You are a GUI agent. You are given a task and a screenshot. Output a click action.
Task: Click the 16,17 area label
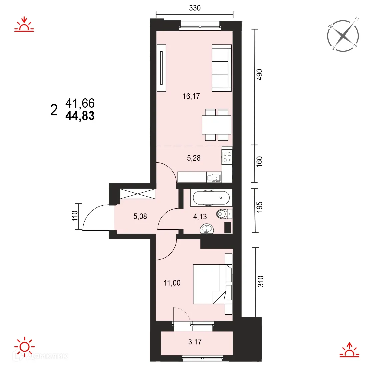click(x=191, y=96)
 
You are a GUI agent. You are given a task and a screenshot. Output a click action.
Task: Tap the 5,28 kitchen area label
click(x=194, y=158)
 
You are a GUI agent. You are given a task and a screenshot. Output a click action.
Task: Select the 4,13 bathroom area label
click(x=200, y=216)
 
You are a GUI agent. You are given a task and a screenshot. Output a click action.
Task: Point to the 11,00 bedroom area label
click(x=172, y=283)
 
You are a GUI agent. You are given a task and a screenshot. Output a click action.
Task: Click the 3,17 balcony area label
click(x=195, y=342)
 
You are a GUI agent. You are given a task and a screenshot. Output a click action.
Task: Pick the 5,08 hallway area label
click(x=140, y=216)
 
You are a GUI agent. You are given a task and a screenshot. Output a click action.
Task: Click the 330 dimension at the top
click(x=195, y=8)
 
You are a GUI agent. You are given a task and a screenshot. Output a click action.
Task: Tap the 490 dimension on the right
click(x=259, y=75)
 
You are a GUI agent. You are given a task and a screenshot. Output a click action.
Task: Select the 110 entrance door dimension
click(x=75, y=216)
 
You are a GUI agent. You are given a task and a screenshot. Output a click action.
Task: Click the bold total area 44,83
click(x=80, y=116)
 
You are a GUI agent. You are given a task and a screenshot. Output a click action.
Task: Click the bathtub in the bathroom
click(x=211, y=198)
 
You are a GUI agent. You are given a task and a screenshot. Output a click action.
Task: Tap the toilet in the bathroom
click(x=224, y=214)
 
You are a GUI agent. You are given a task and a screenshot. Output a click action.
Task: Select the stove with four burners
click(x=227, y=157)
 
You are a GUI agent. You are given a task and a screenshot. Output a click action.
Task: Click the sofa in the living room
click(x=222, y=68)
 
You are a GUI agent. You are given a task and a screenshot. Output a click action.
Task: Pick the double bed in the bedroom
click(x=212, y=284)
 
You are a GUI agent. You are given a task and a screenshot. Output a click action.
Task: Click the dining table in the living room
click(x=216, y=125)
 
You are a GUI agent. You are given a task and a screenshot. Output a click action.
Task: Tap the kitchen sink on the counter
click(x=217, y=177)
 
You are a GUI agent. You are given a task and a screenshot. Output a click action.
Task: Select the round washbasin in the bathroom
click(x=207, y=229)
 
